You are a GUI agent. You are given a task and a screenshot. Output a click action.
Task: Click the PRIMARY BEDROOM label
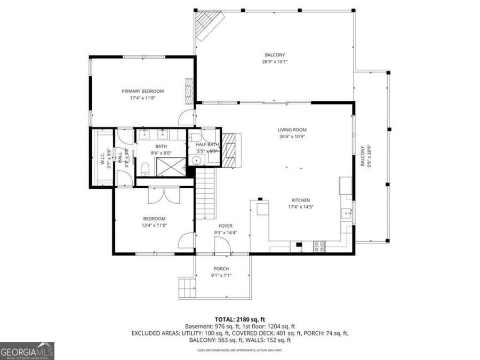click(142, 91)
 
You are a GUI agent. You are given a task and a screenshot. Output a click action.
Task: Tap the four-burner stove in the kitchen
click(319, 246)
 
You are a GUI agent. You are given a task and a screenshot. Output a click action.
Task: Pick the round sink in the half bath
click(196, 159)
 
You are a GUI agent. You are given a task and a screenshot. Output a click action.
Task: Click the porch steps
click(186, 289)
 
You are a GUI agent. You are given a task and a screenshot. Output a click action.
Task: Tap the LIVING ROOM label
click(292, 130)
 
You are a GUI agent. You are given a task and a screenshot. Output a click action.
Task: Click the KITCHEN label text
click(300, 200)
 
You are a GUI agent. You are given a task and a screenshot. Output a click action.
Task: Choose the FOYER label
click(225, 226)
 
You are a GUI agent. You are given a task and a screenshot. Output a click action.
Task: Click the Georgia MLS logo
click(27, 351)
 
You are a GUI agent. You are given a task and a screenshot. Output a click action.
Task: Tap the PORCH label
click(221, 268)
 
